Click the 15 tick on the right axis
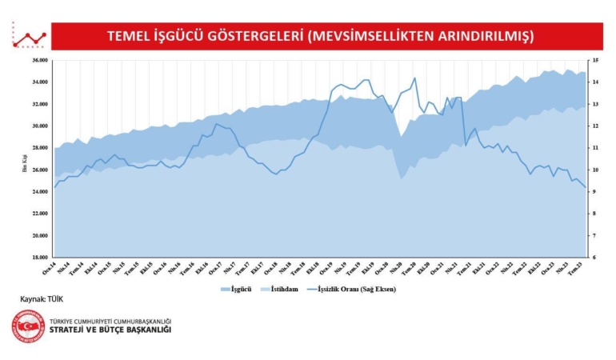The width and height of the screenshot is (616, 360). [x=594, y=60]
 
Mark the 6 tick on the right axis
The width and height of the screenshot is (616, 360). [x=594, y=258]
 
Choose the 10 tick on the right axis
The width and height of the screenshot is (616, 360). [x=594, y=170]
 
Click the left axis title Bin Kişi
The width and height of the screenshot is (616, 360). [x=24, y=163]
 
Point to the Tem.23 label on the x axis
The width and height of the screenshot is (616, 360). [x=574, y=268]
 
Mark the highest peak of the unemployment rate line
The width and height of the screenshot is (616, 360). [x=414, y=78]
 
